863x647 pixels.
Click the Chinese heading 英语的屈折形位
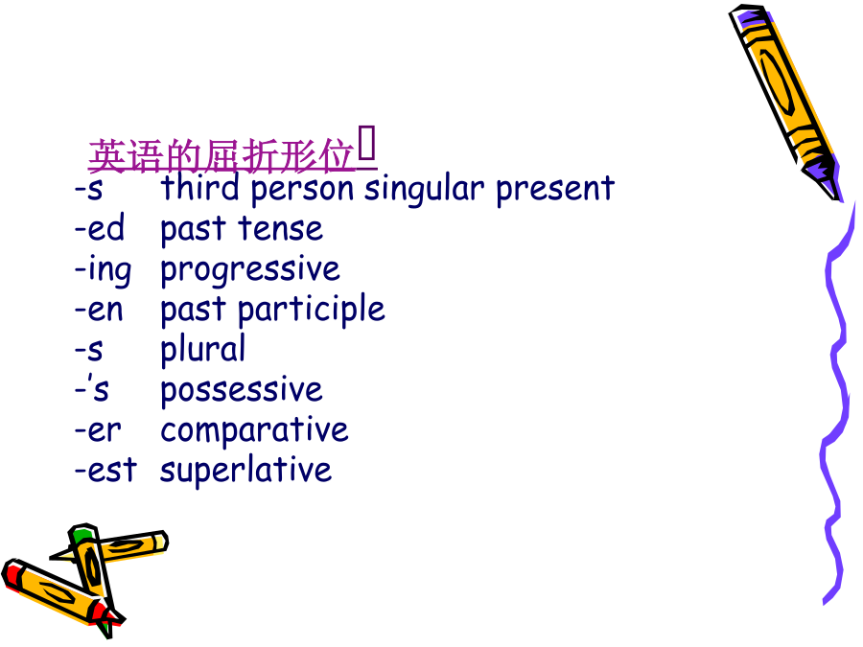[222, 155]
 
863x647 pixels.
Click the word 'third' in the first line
[200, 187]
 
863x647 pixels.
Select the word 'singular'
[425, 189]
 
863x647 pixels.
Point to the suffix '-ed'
[100, 227]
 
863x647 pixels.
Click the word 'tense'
[280, 229]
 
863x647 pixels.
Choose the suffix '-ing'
[103, 269]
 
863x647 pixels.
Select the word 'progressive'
[250, 270]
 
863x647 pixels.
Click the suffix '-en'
[99, 311]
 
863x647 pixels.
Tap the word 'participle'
[311, 310]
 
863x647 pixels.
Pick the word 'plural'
[202, 349]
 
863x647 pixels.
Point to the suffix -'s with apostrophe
[92, 389]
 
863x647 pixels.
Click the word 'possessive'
[241, 391]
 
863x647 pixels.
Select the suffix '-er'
[98, 430]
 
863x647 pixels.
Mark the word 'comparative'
[254, 431]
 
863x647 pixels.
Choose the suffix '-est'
[105, 470]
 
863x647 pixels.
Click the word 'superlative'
[245, 471]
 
